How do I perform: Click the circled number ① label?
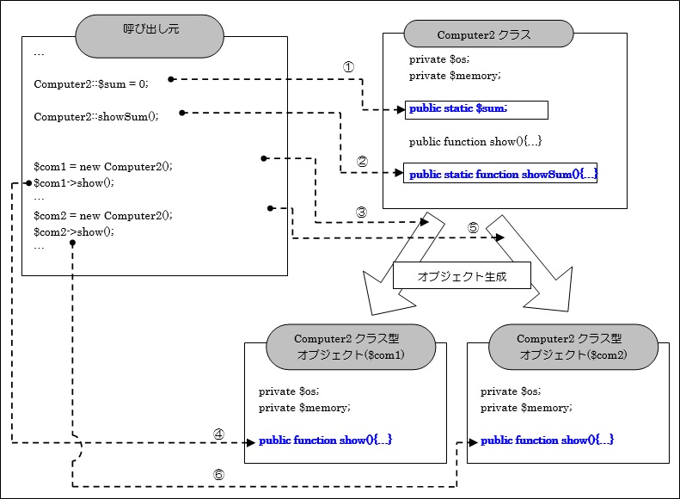point(348,66)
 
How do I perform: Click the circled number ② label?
point(362,161)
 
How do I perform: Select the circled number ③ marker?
point(361,212)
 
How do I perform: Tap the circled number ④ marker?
point(218,434)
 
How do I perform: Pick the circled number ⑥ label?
point(218,474)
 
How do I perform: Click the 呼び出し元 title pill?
point(150,36)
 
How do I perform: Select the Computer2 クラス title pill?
point(488,34)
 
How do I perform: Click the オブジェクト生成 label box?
point(462,277)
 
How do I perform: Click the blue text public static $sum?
point(458,108)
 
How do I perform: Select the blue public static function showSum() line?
point(502,175)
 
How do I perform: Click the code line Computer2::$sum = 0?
point(91,83)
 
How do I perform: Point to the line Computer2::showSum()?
point(96,116)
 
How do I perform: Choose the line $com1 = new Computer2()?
point(103,167)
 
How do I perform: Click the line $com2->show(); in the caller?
point(74,231)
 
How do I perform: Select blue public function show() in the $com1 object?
point(326,440)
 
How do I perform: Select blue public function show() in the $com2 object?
point(547,440)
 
